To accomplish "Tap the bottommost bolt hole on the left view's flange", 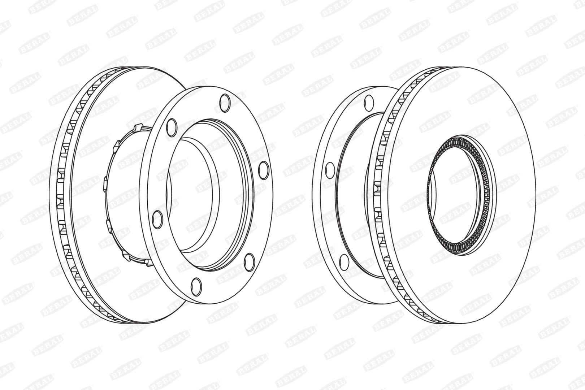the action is (196, 287).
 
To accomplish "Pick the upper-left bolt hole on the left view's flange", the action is (172, 127).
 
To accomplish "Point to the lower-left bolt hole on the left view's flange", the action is (157, 219).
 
